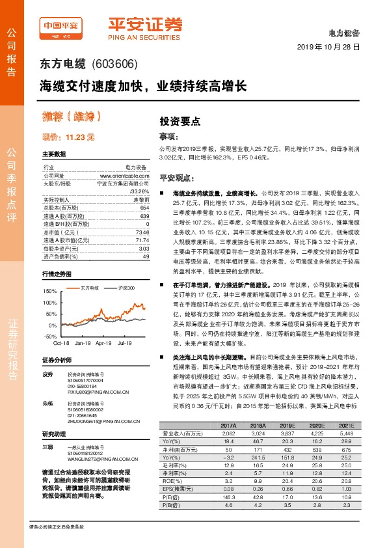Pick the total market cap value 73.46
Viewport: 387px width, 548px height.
click(141, 232)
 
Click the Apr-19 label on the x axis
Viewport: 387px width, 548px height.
click(104, 342)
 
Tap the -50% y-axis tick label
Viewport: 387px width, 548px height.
click(50, 335)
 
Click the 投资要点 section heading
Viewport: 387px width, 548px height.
click(180, 121)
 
